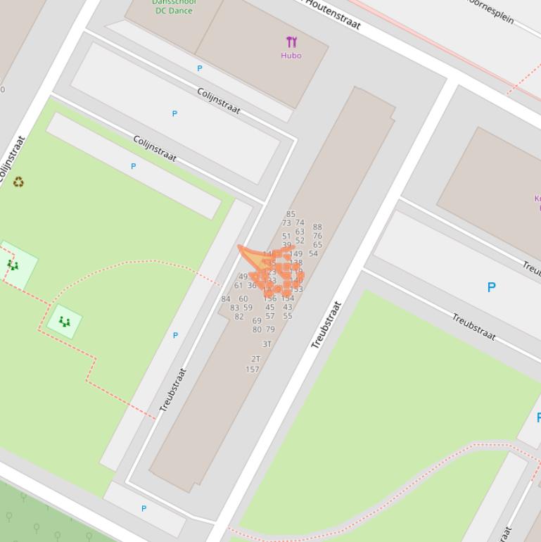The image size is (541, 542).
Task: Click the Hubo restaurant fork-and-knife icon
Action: pyautogui.click(x=291, y=42)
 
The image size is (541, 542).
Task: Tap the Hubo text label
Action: pyautogui.click(x=291, y=56)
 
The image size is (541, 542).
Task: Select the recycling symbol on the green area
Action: pyautogui.click(x=18, y=182)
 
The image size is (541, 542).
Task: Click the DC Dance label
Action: pyautogui.click(x=174, y=10)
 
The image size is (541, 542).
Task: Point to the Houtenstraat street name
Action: pyautogui.click(x=333, y=14)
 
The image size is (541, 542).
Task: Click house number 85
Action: pyautogui.click(x=291, y=215)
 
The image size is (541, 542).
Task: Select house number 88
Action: pyautogui.click(x=317, y=227)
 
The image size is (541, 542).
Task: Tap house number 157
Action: pyautogui.click(x=253, y=370)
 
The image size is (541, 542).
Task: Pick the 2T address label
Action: pyautogui.click(x=255, y=359)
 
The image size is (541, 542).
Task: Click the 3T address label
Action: pyautogui.click(x=267, y=344)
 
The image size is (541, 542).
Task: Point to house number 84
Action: pyautogui.click(x=226, y=299)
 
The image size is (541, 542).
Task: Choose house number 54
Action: pyautogui.click(x=313, y=254)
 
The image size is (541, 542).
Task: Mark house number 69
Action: pyautogui.click(x=257, y=321)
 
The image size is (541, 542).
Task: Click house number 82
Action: pyautogui.click(x=239, y=317)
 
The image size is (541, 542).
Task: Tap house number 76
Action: pyautogui.click(x=317, y=237)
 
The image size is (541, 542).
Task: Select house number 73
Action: pyautogui.click(x=286, y=223)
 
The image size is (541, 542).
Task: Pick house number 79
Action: pyautogui.click(x=270, y=329)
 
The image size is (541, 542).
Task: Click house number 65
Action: pyautogui.click(x=317, y=246)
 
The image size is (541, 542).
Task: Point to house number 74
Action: pyautogui.click(x=300, y=223)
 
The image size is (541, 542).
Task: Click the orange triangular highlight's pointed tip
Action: pyautogui.click(x=240, y=247)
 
